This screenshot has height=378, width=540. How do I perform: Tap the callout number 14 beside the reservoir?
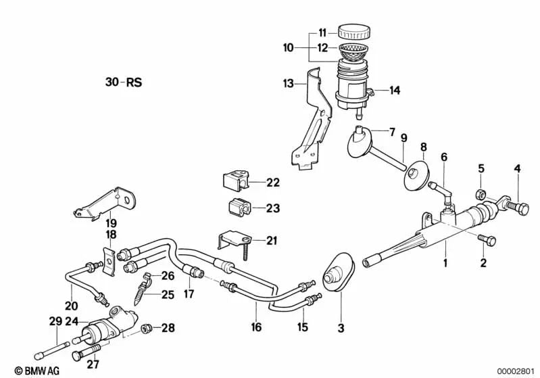pos(395,90)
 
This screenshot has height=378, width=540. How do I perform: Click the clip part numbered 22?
pos(235,181)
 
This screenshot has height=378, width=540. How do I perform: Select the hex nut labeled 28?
pos(145,329)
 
